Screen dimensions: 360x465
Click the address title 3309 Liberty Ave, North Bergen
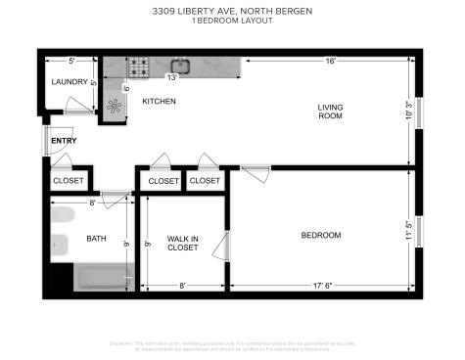[x=232, y=11]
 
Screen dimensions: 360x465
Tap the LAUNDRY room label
[x=70, y=83]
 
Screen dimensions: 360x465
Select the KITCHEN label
[x=159, y=101]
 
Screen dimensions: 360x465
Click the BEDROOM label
[x=320, y=235]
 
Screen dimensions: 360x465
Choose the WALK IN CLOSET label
[x=182, y=242]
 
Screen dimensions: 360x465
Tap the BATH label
[x=96, y=238]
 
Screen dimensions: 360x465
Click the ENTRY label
[x=64, y=141]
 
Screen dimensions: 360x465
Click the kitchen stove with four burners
[x=140, y=68]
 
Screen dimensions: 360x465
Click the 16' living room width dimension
[x=331, y=61]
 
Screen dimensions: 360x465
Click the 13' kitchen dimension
[x=172, y=77]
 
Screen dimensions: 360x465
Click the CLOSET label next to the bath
[x=69, y=181]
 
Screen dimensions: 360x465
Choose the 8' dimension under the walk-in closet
[x=182, y=287]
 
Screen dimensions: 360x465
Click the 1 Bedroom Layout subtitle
[x=232, y=22]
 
